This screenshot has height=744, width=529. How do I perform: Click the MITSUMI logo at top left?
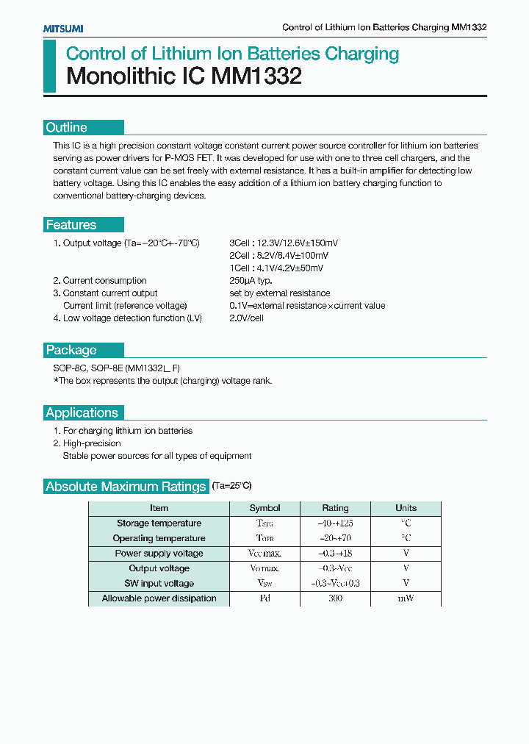pyautogui.click(x=62, y=28)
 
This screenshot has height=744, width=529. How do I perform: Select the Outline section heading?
pyautogui.click(x=67, y=127)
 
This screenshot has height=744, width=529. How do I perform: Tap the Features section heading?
pyautogui.click(x=71, y=225)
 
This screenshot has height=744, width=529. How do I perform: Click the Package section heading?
pyautogui.click(x=71, y=350)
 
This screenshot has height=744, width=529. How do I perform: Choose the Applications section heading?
pyautogui.click(x=82, y=412)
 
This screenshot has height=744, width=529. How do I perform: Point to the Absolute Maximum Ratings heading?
pyautogui.click(x=126, y=487)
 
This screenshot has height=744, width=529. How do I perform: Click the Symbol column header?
pyautogui.click(x=264, y=508)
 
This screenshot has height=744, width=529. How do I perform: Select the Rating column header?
pyautogui.click(x=335, y=508)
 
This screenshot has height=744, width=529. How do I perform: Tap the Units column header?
pyautogui.click(x=406, y=508)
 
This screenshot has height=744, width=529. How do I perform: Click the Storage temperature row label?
pyautogui.click(x=159, y=523)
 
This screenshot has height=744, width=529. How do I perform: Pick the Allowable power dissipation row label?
pyautogui.click(x=159, y=598)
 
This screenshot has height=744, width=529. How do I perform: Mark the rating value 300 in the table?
pyautogui.click(x=335, y=598)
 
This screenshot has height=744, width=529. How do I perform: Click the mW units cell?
pyautogui.click(x=406, y=598)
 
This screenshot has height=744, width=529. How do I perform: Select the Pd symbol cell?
pyautogui.click(x=264, y=598)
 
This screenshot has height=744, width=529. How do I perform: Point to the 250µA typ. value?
pyautogui.click(x=251, y=281)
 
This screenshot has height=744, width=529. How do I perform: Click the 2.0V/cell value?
pyautogui.click(x=246, y=318)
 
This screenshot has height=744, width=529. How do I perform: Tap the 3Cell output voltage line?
pyautogui.click(x=284, y=243)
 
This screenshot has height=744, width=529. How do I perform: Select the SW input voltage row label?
pyautogui.click(x=159, y=584)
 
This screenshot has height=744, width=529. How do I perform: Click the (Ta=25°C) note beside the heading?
pyautogui.click(x=231, y=486)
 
